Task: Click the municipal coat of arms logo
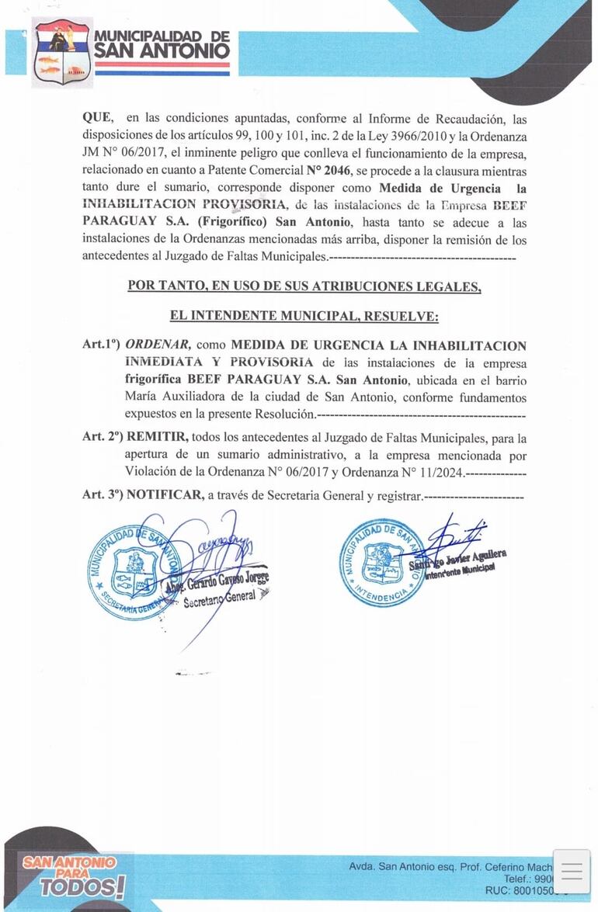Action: (62, 52)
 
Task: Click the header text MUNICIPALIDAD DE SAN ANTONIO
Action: (162, 46)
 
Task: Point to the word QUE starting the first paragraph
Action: (97, 118)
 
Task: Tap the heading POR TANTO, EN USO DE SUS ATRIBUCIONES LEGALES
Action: (304, 286)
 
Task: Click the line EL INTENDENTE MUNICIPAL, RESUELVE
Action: (304, 316)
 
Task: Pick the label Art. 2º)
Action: (103, 438)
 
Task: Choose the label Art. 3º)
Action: (103, 495)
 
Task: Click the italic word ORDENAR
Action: (158, 345)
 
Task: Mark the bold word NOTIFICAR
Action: (164, 495)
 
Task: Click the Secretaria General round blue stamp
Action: (132, 572)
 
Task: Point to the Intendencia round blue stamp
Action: (381, 562)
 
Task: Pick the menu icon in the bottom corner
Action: (572, 872)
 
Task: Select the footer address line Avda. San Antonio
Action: (450, 866)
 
